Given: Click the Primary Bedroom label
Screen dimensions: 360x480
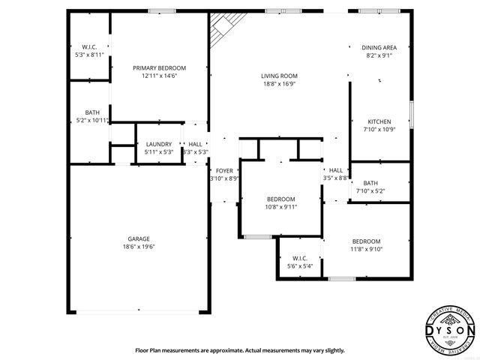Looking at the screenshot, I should click(159, 68).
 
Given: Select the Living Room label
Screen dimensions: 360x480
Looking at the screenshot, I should click(279, 76).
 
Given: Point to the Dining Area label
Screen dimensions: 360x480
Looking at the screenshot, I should click(379, 47).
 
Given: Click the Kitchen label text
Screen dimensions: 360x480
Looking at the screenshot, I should click(379, 121).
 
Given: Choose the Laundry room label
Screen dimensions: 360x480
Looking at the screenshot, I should click(158, 144).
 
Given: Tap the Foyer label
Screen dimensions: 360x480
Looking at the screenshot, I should click(224, 171).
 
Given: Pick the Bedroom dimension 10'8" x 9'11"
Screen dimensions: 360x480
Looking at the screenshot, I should click(280, 207).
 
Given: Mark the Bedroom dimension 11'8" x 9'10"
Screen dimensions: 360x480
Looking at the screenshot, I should click(367, 249).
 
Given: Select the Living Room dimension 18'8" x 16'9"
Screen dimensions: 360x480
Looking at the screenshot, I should click(279, 84).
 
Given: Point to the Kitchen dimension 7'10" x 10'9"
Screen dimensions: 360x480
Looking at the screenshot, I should click(379, 130).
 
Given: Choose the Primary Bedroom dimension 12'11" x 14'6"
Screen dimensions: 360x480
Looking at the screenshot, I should click(159, 76).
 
